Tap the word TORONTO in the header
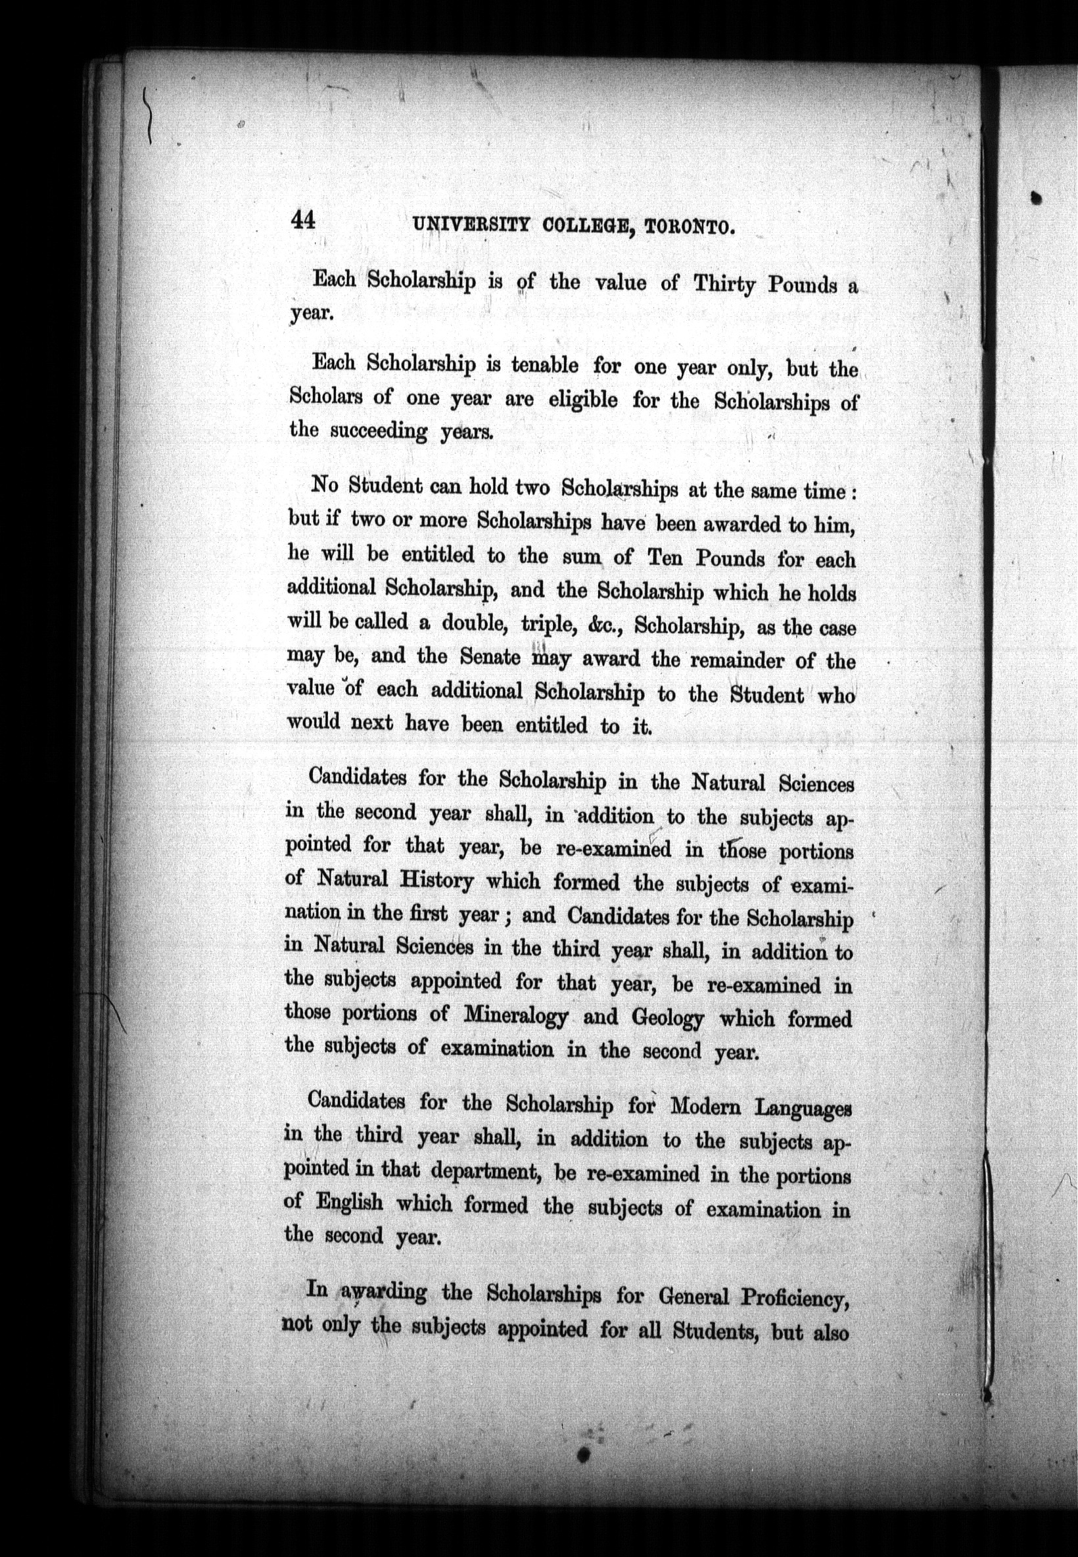click(x=689, y=227)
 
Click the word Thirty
click(x=725, y=285)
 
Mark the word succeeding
click(x=378, y=431)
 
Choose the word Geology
click(x=667, y=1017)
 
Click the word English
click(x=348, y=1203)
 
